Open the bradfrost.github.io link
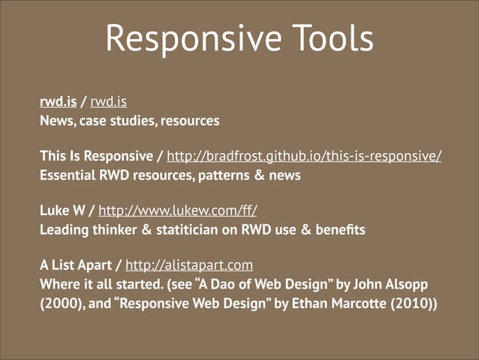(x=303, y=157)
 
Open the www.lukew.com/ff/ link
(x=182, y=212)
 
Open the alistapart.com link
(x=188, y=266)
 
